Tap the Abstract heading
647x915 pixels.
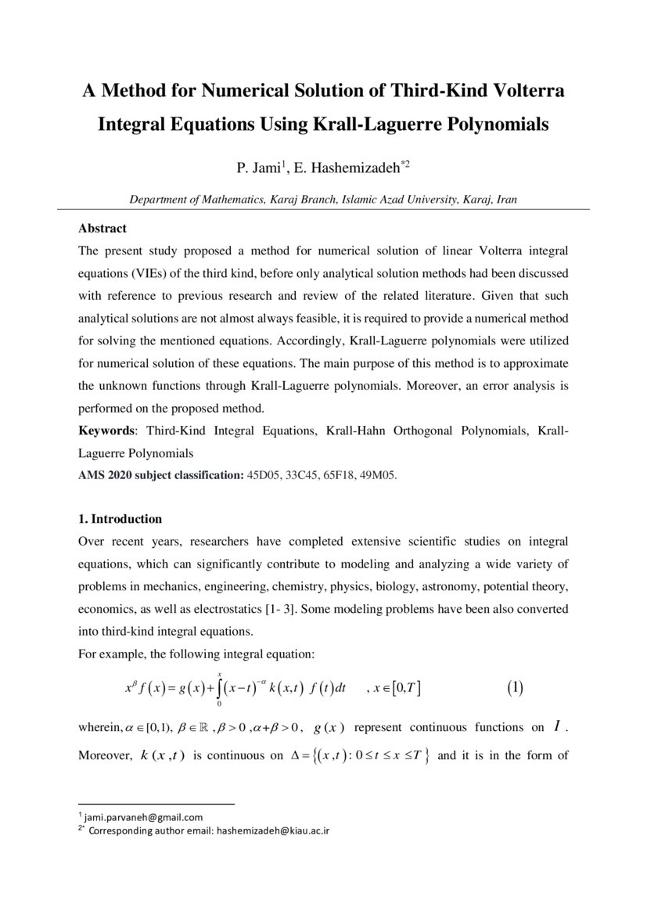[x=102, y=229]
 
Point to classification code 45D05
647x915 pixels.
[x=264, y=475]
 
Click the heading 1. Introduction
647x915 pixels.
[x=120, y=519]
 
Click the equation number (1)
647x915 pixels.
[x=514, y=689]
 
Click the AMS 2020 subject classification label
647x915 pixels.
[x=161, y=475]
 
